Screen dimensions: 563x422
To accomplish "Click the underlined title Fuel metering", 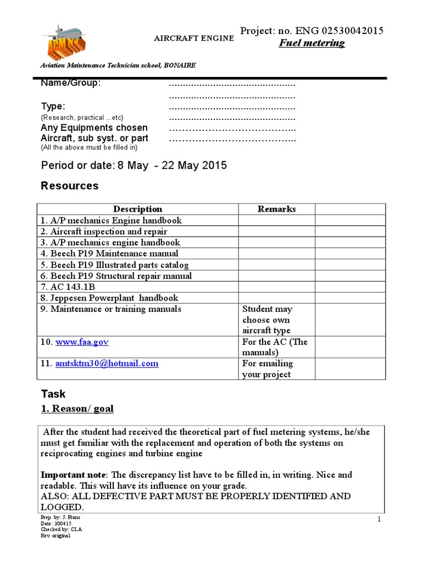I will point(313,43).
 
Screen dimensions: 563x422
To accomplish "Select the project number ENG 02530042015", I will point(335,30).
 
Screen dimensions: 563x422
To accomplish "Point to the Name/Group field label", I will point(71,83).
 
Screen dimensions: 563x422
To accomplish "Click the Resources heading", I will point(70,186).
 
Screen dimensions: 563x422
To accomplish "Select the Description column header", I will point(137,209).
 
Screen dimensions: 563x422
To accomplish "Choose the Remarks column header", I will point(276,209).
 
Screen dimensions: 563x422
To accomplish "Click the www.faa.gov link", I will point(82,341).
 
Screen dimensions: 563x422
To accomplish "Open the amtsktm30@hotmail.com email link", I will point(107,363).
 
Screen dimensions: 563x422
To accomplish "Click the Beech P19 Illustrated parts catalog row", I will point(115,264).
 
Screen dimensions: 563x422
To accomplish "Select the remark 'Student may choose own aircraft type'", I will point(267,319).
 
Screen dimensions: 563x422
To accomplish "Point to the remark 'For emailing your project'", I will point(267,369).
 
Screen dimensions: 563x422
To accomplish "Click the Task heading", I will point(53,394).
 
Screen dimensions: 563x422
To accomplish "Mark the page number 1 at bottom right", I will point(379,520).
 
